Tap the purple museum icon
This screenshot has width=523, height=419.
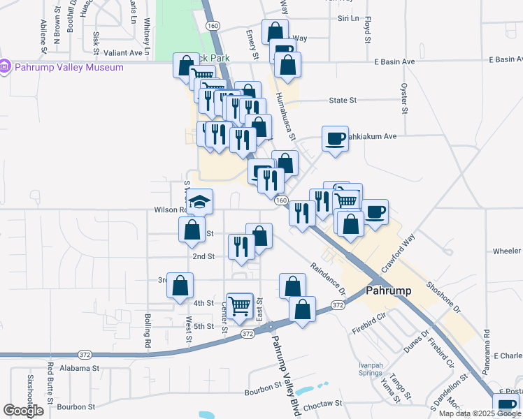[6, 67]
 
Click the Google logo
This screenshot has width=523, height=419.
[23, 410]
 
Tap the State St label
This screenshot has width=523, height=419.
[343, 101]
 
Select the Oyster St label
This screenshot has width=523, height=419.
[404, 98]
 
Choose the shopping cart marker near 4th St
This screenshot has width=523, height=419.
[240, 304]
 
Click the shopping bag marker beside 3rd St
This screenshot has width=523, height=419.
[180, 286]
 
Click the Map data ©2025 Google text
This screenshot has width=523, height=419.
[479, 413]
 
